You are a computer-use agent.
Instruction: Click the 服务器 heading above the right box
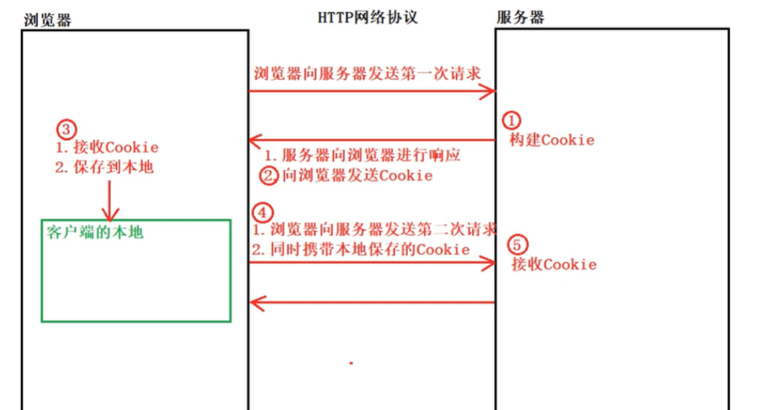pos(521,18)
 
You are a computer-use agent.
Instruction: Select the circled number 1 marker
pos(513,120)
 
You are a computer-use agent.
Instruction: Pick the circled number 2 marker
pos(269,175)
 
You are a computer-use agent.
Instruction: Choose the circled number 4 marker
pos(261,213)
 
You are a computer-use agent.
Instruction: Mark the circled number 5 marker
pos(516,245)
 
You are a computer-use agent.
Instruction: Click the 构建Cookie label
pos(551,140)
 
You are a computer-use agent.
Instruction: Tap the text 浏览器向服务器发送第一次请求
pos(367,74)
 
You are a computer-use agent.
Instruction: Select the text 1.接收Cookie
pos(107,148)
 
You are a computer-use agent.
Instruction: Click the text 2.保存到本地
pos(105,168)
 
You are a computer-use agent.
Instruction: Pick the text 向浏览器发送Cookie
pos(357,176)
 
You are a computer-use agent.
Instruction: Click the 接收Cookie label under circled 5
pos(554,264)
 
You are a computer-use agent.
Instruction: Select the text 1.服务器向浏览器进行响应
pos(362,155)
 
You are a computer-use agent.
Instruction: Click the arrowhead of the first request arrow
pos(489,91)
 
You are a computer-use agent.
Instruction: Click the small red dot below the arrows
pos(351,361)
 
